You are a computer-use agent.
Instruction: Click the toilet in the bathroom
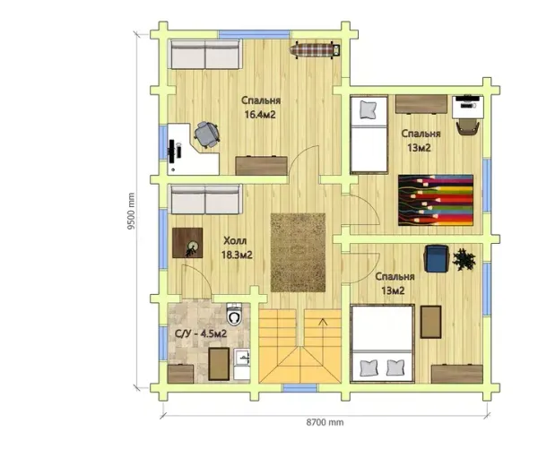pyautogui.click(x=235, y=314)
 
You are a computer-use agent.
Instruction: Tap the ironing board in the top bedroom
pyautogui.click(x=315, y=50)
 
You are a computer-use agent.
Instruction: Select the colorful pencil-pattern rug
pyautogui.click(x=436, y=200)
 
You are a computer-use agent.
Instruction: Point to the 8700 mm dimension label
pyautogui.click(x=325, y=422)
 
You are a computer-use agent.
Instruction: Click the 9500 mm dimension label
pyautogui.click(x=131, y=211)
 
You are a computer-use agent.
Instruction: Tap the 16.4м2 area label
pyautogui.click(x=260, y=115)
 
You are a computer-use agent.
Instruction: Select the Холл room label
pyautogui.click(x=235, y=241)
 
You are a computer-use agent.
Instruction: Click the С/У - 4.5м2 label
pyautogui.click(x=201, y=333)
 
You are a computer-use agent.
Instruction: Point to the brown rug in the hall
pyautogui.click(x=298, y=253)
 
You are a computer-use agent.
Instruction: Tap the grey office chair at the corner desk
pyautogui.click(x=206, y=134)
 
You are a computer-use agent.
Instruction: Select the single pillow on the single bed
pyautogui.click(x=369, y=109)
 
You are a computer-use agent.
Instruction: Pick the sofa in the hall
pyautogui.click(x=205, y=200)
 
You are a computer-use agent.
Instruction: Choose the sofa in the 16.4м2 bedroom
pyautogui.click(x=205, y=55)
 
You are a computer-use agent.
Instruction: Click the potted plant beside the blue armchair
pyautogui.click(x=464, y=259)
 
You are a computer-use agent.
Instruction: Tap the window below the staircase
pyautogui.click(x=300, y=388)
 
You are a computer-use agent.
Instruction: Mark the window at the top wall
pyautogui.click(x=255, y=34)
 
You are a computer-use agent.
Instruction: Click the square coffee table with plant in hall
pyautogui.click(x=187, y=243)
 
